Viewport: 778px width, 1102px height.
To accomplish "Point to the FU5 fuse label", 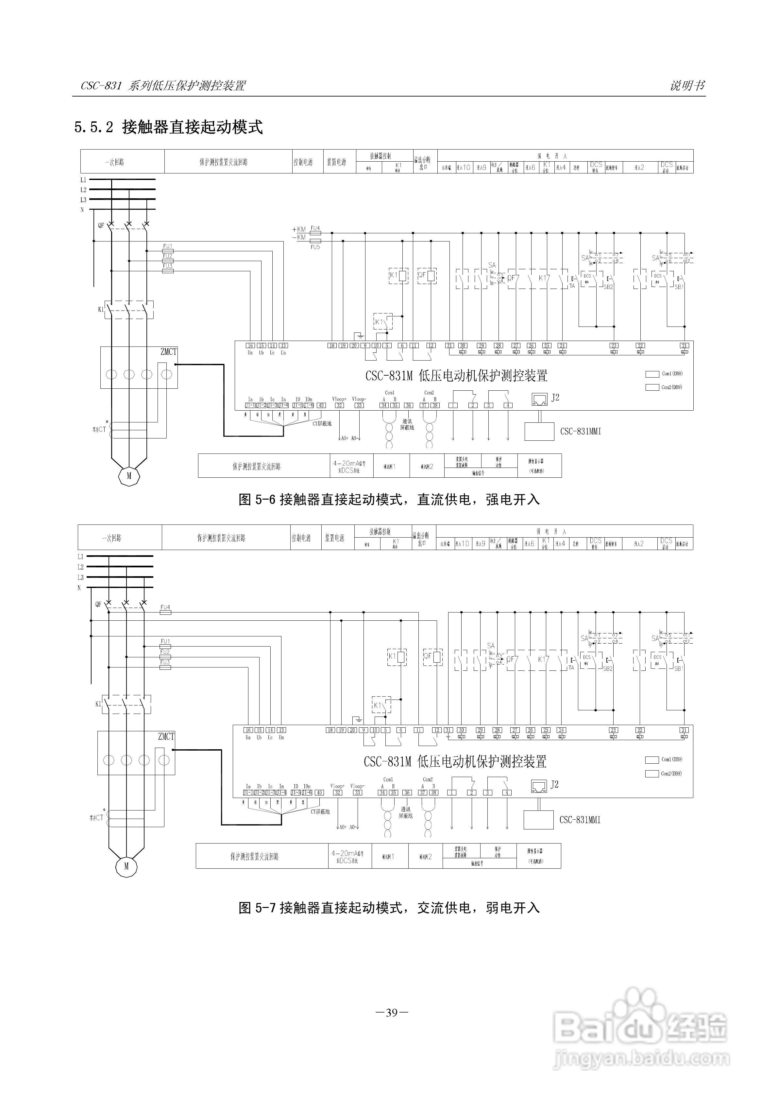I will (x=315, y=247).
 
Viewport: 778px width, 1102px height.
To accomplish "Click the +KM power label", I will (x=299, y=229).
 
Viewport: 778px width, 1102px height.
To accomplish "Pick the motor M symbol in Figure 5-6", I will (x=128, y=476).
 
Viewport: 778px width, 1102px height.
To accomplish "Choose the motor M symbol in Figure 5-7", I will (x=126, y=866).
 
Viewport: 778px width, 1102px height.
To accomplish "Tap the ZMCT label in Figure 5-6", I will (x=168, y=352).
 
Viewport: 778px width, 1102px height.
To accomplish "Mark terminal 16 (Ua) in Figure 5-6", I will (x=250, y=346).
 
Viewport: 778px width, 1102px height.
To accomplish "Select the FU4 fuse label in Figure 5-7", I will (x=165, y=607).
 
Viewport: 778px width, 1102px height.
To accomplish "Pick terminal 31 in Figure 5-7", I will (x=448, y=730).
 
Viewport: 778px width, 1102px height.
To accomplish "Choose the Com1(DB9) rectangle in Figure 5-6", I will (x=652, y=374).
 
